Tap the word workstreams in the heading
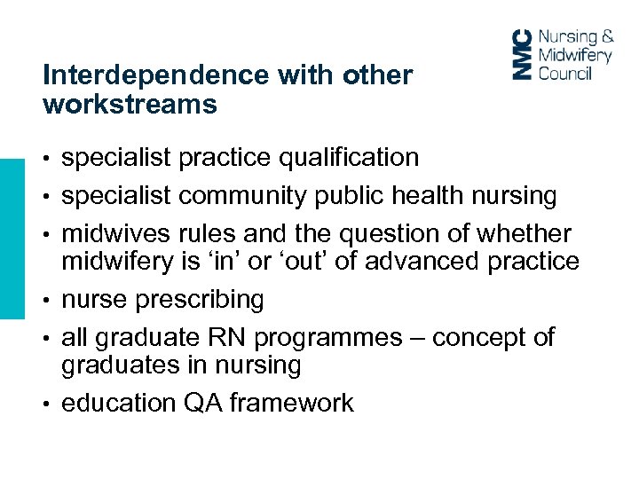(x=130, y=105)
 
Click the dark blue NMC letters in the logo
(x=525, y=54)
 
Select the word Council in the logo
(x=565, y=72)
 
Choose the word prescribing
(x=200, y=300)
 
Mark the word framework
(x=291, y=404)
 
